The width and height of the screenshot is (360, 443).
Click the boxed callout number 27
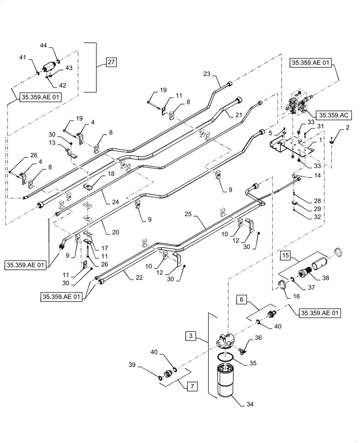111,62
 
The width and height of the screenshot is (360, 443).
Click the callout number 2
347,128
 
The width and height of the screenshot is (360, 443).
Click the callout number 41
23,57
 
